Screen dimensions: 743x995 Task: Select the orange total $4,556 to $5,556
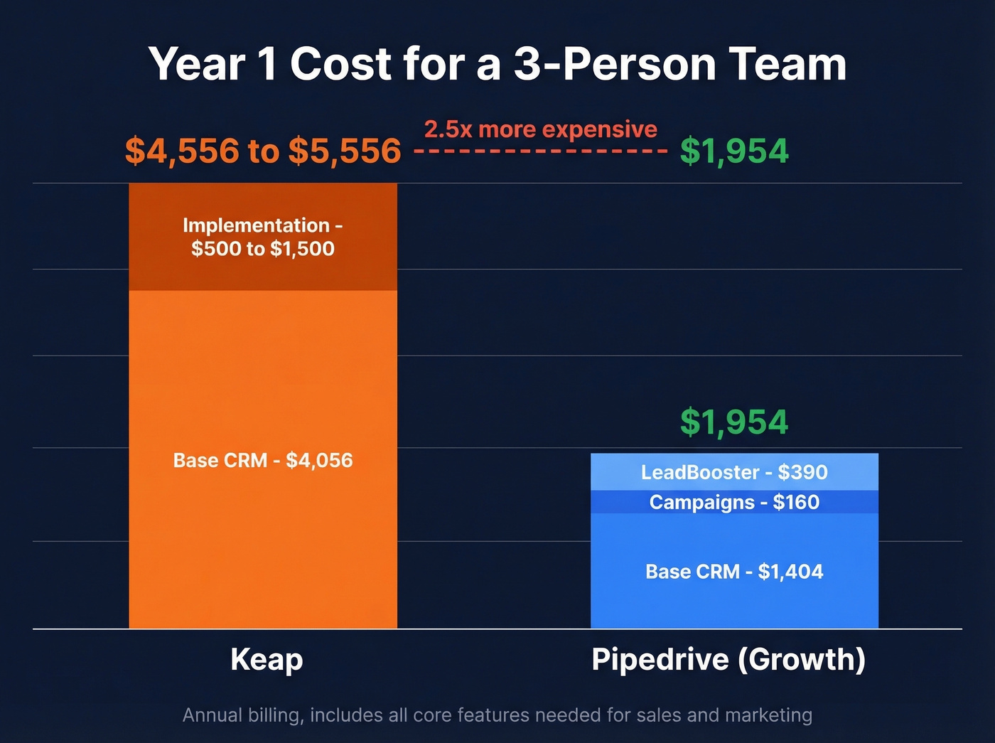tap(263, 151)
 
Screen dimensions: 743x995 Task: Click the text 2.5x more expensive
tap(540, 129)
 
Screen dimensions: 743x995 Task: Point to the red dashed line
tap(540, 151)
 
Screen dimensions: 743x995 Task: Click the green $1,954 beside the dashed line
tap(734, 151)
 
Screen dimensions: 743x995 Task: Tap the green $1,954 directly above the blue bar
tap(734, 422)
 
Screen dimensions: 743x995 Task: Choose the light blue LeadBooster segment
tap(734, 472)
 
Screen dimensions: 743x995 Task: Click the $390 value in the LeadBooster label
tap(802, 472)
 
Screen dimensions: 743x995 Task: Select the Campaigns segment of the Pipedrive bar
tap(734, 502)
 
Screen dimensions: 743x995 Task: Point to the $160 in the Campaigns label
tap(796, 502)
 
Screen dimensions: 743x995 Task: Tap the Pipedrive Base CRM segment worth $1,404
tap(734, 572)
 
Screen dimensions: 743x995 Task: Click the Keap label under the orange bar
tap(267, 660)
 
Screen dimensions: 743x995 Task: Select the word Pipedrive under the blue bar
tap(660, 660)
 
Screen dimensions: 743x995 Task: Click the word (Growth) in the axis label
tap(802, 660)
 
